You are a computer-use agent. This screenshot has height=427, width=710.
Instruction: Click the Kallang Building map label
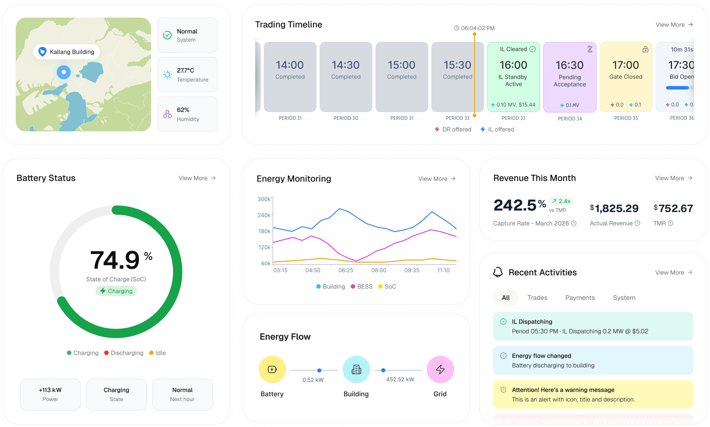[x=67, y=52]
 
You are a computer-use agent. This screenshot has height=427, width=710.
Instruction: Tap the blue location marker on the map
[x=64, y=72]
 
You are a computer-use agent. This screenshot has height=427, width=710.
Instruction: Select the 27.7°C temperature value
[x=186, y=71]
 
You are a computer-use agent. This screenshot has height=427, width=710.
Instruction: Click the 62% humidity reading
[x=183, y=110]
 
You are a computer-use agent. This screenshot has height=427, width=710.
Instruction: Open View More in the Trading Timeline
[x=674, y=25]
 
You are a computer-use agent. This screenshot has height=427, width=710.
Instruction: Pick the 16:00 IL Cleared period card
[x=513, y=77]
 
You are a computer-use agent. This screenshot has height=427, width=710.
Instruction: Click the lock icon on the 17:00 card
[x=645, y=50]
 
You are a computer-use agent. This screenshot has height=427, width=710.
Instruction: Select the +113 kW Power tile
[x=50, y=394]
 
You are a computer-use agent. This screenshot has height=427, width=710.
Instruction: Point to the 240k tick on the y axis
[x=264, y=215]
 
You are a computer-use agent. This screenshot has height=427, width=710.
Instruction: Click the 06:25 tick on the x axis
[x=346, y=270]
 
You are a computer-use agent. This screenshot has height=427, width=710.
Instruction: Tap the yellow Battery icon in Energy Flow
[x=272, y=369]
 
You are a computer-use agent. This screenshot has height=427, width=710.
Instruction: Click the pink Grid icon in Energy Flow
[x=440, y=369]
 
